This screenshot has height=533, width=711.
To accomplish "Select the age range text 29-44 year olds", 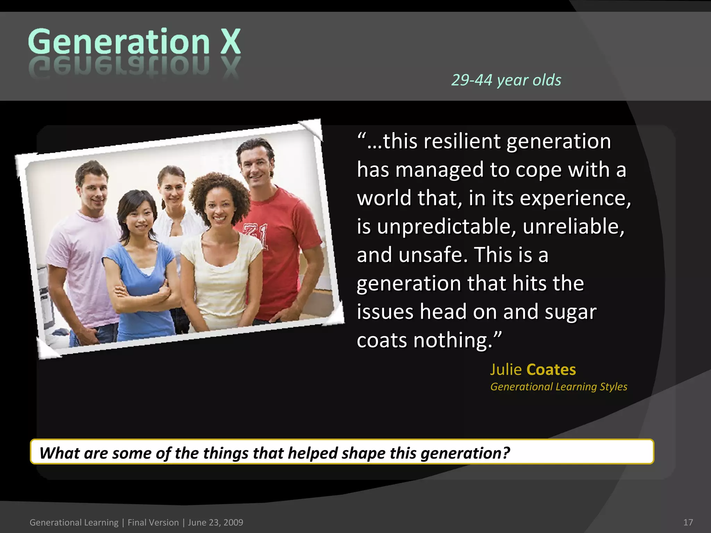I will click(506, 80).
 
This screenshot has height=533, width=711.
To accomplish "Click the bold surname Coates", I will click(551, 370).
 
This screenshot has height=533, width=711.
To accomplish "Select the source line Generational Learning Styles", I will click(558, 387).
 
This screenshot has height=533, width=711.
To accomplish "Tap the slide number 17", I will click(688, 522).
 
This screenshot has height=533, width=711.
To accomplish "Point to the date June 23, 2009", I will click(215, 522).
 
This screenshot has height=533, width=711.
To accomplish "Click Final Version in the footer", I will click(153, 522).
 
